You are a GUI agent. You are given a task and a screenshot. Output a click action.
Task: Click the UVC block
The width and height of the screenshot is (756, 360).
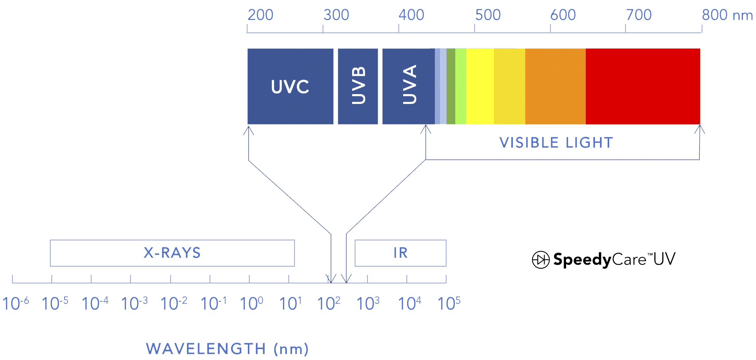[x=290, y=86]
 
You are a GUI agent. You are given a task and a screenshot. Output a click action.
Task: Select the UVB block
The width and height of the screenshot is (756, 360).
[x=358, y=86]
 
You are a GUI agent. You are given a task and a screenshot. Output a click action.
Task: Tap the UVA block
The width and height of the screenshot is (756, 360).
[x=409, y=86]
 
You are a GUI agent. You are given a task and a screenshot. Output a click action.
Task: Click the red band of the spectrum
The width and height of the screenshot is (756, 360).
[x=643, y=86]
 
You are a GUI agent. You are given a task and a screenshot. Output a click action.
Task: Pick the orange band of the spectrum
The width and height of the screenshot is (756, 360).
[x=556, y=86]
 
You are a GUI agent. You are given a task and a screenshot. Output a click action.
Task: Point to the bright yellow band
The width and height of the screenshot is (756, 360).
[x=480, y=86]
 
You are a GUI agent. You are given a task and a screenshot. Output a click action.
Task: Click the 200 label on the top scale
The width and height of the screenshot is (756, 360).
[x=260, y=15]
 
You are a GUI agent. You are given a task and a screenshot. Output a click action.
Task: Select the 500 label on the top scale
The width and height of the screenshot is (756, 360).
[x=488, y=15]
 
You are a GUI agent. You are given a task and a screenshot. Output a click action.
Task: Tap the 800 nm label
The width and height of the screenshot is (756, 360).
[x=727, y=15]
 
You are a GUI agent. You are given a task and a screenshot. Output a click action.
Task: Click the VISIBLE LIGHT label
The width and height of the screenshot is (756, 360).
[x=556, y=143]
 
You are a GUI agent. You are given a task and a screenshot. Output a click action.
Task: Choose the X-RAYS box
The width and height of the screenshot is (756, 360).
[x=172, y=253]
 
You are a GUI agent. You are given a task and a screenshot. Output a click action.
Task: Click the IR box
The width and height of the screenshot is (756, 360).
[x=401, y=253]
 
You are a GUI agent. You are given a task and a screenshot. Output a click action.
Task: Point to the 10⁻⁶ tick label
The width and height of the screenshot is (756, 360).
[x=16, y=303]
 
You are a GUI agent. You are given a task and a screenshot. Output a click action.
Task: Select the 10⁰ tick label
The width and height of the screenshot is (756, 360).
[x=251, y=303]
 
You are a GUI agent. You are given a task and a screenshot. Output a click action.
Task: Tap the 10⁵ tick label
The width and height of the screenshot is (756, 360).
[x=449, y=303]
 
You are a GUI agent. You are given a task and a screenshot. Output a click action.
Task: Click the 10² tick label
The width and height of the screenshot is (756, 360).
[x=328, y=303]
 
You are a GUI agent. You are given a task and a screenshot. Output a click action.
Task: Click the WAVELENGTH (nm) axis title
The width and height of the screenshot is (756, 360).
[x=227, y=349]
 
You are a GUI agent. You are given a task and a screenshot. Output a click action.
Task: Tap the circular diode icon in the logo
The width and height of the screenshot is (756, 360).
[x=541, y=260]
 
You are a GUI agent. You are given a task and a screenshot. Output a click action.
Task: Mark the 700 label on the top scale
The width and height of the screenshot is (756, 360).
[x=639, y=15]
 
